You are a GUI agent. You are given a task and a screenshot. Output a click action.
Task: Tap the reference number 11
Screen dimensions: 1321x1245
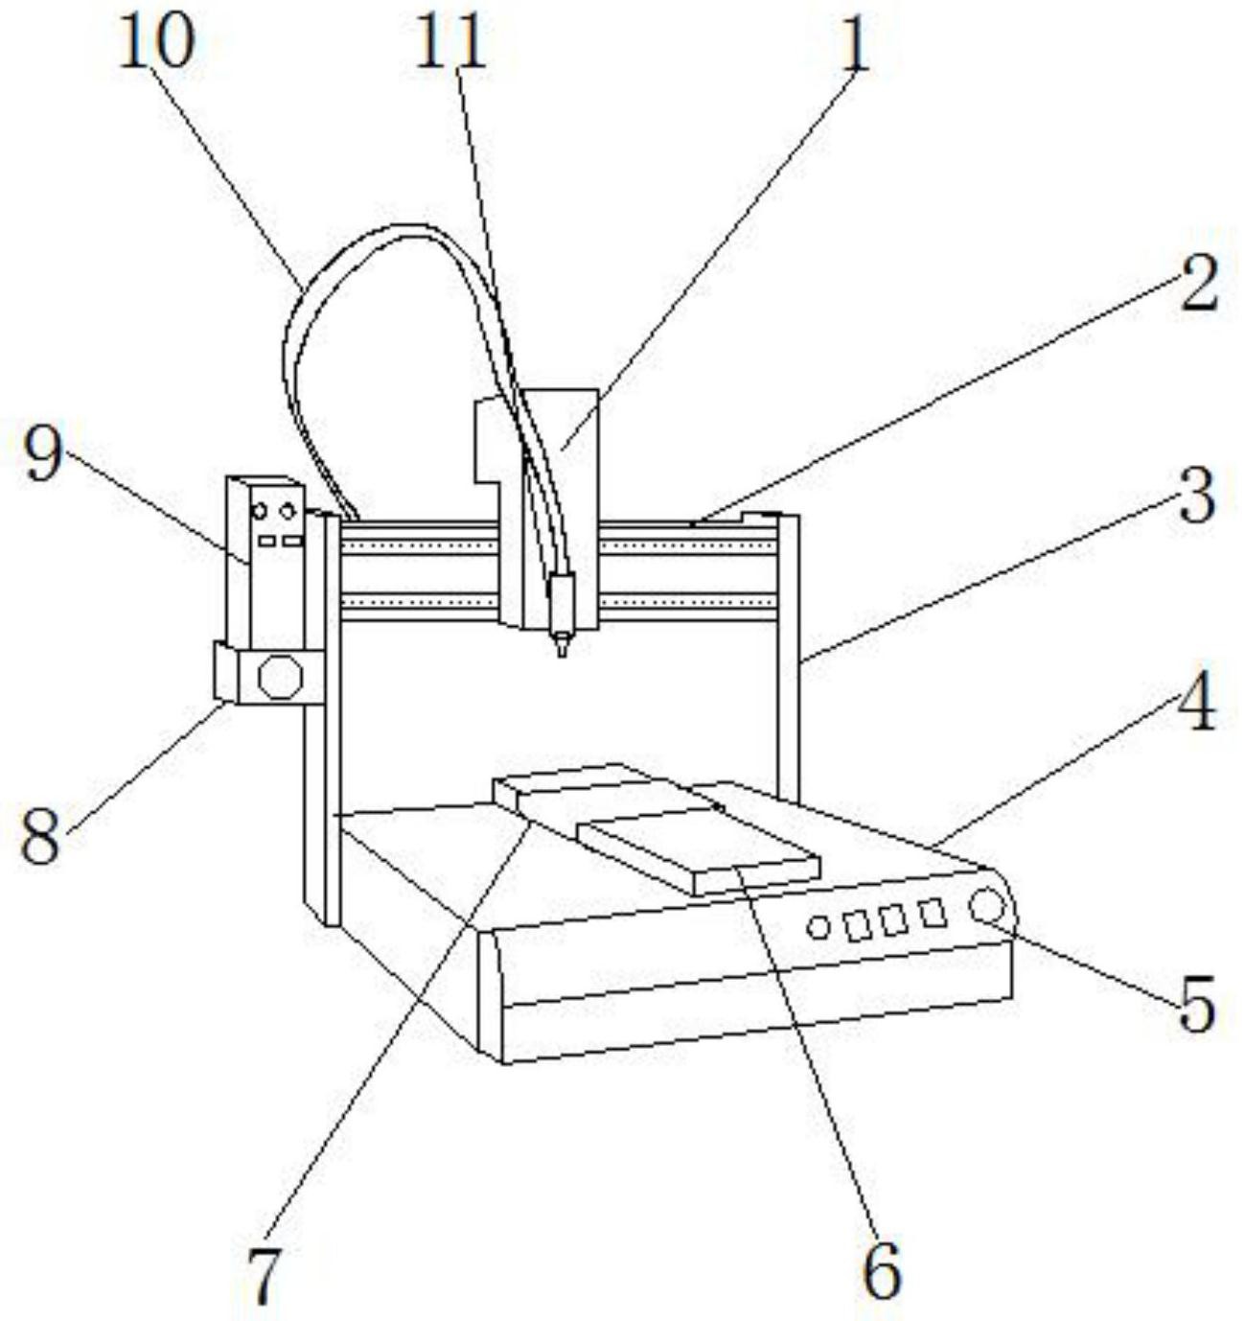[x=450, y=43]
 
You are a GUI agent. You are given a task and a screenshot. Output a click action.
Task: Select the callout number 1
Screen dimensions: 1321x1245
[x=854, y=45]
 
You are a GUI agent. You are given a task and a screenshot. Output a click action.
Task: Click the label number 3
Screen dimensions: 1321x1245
[x=1197, y=497]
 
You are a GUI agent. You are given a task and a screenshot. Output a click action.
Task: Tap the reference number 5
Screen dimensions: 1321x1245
[x=1196, y=1004]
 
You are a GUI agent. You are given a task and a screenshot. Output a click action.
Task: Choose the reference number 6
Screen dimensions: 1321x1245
[x=881, y=1268]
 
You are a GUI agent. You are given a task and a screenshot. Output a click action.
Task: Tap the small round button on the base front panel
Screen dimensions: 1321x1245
[x=818, y=927]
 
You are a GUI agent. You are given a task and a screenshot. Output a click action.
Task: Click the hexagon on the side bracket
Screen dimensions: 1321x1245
[x=281, y=677]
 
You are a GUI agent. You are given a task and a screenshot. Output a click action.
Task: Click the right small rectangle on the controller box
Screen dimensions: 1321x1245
[x=292, y=541]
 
